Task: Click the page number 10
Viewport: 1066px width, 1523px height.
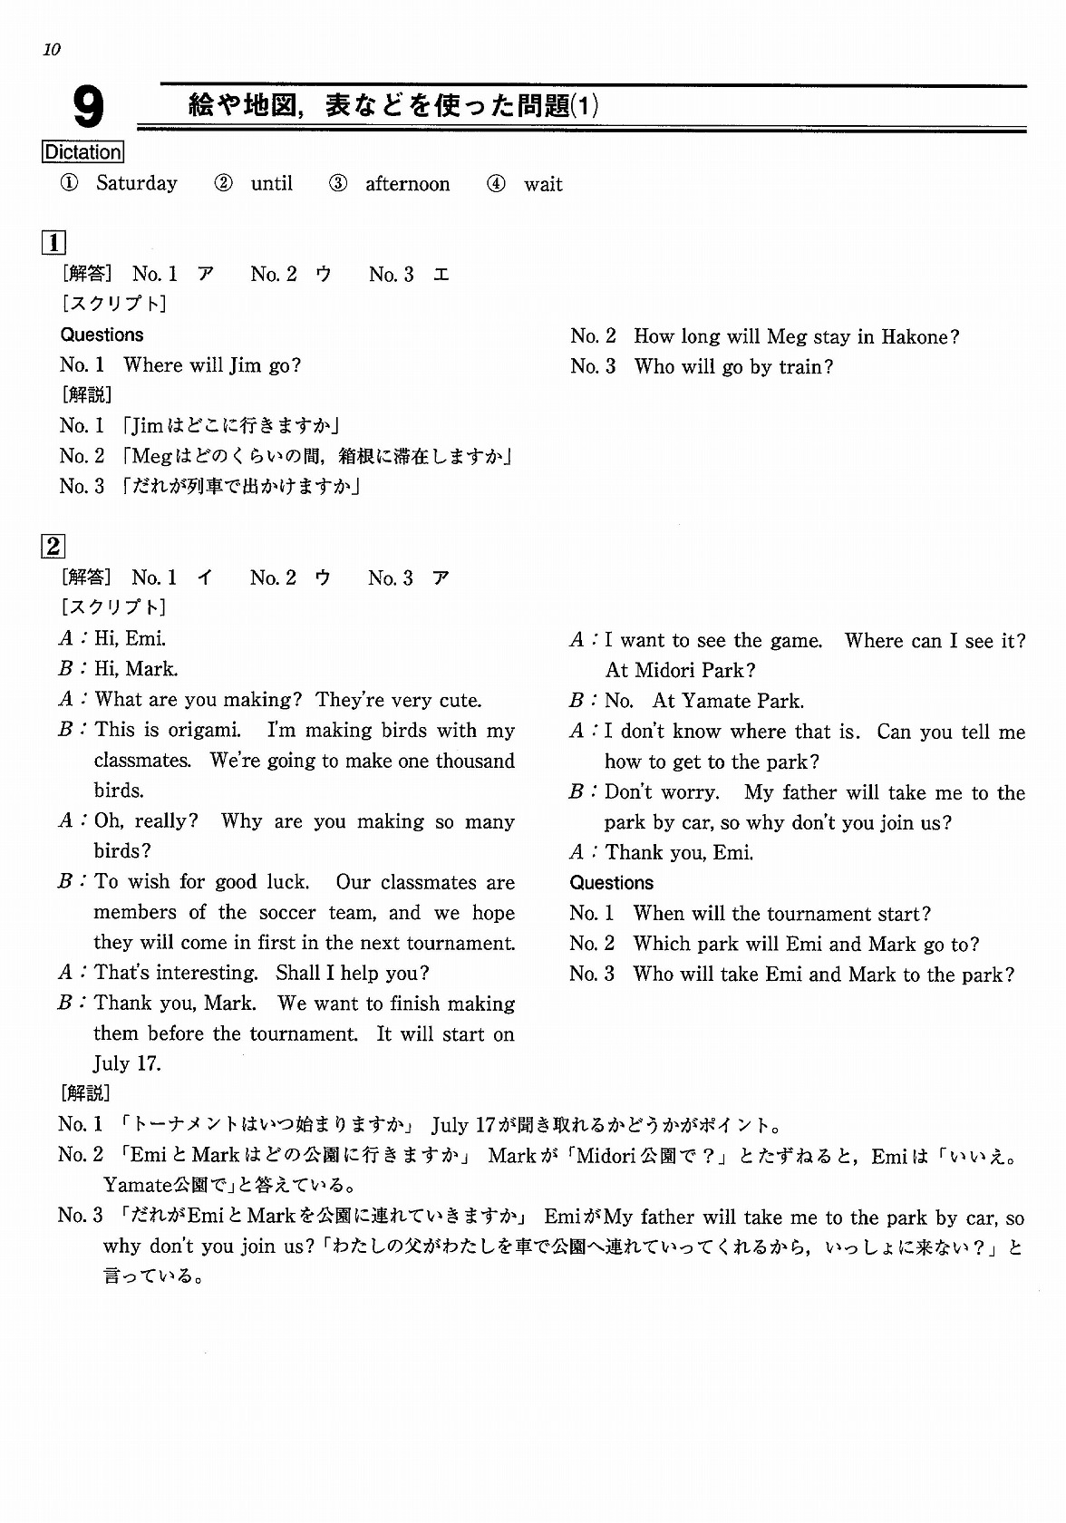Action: click(x=51, y=50)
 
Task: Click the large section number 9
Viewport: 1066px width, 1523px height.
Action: click(x=88, y=108)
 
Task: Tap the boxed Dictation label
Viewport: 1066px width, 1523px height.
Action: click(x=82, y=152)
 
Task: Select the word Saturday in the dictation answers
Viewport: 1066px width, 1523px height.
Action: click(x=137, y=183)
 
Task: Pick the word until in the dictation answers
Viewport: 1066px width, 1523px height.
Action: click(x=272, y=183)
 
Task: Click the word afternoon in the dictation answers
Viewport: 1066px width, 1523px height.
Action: click(x=407, y=184)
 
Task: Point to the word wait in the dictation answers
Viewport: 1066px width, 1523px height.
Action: click(x=543, y=184)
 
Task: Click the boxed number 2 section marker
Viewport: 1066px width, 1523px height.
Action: click(x=53, y=546)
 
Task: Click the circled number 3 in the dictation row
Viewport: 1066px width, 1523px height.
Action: click(x=338, y=183)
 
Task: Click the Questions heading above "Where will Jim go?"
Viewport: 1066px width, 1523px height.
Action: click(x=102, y=335)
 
